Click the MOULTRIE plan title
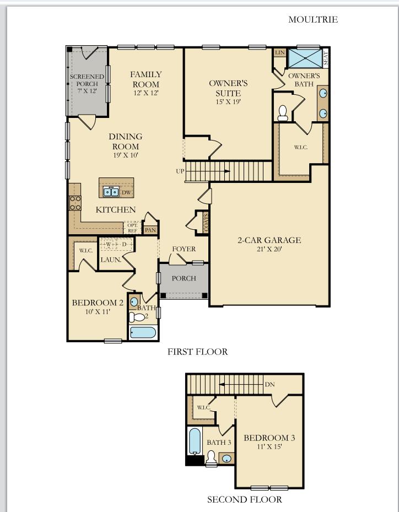tap(313, 20)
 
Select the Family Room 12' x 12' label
tap(146, 93)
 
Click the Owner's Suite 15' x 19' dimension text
tap(228, 101)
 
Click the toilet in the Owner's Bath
tap(283, 112)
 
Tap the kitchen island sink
tap(111, 192)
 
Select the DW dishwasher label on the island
tap(126, 192)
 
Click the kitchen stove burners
tap(75, 203)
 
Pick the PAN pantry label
tap(150, 230)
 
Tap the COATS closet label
tap(206, 223)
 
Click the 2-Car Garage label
tap(269, 240)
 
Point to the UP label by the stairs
tap(180, 171)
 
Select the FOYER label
tap(184, 249)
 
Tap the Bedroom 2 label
tap(98, 303)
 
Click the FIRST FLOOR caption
tap(197, 352)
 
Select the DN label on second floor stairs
tap(269, 385)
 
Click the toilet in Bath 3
tap(211, 458)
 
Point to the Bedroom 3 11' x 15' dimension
tap(269, 447)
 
